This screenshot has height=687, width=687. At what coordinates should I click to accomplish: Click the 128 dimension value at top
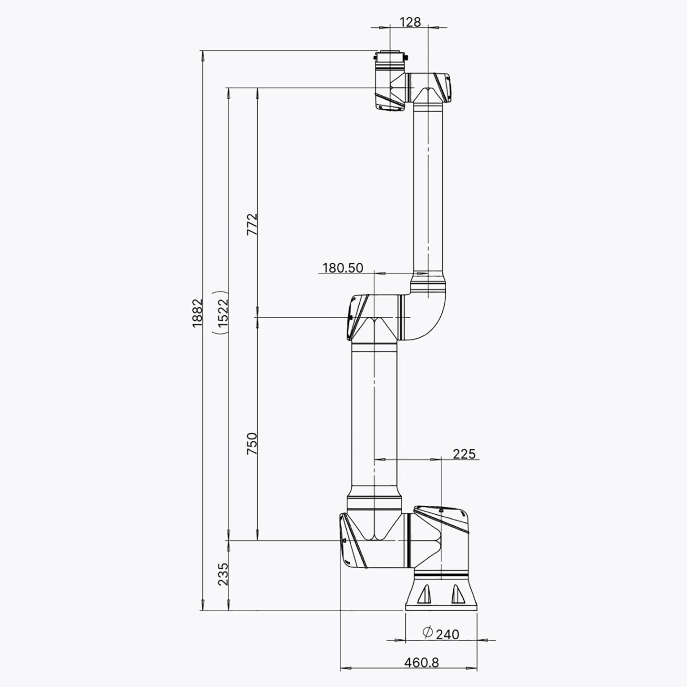point(410,22)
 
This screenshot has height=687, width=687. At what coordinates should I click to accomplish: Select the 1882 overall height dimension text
point(197,312)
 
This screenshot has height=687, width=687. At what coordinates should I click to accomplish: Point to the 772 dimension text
point(252,224)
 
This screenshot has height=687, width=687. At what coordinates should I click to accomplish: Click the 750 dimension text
point(252,443)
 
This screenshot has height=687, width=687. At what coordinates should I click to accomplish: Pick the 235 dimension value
point(223,574)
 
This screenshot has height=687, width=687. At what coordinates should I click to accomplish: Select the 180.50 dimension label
point(343,268)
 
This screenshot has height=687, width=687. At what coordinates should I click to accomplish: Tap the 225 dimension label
point(464,454)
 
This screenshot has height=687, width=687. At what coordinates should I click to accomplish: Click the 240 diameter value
point(448,634)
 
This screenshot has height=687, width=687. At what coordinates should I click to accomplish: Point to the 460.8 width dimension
point(421,662)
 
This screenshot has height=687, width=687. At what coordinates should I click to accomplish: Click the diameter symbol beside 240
point(427,632)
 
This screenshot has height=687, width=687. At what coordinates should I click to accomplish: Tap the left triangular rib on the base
point(425,594)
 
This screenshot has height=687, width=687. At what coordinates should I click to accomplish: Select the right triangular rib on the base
point(458,594)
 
